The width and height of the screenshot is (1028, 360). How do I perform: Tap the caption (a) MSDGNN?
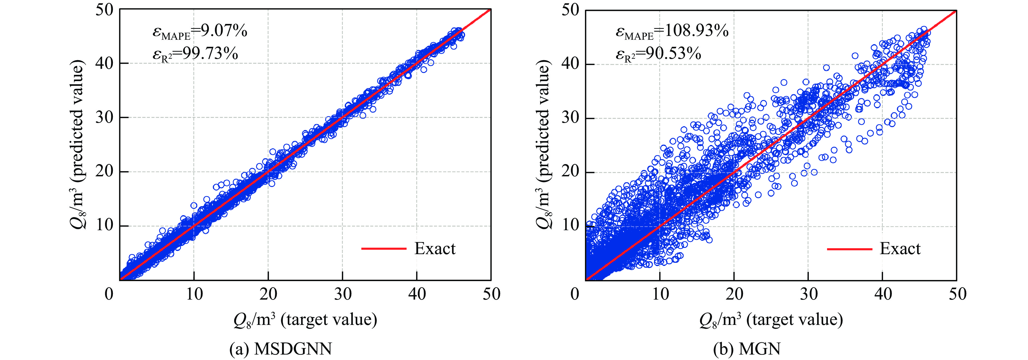281,349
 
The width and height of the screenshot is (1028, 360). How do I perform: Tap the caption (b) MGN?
747,349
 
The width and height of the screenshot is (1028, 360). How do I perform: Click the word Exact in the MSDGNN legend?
435,249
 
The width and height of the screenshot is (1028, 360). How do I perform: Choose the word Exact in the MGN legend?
900,249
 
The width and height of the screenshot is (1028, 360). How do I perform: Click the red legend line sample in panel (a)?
383,249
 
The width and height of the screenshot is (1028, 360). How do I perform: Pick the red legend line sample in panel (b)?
849,249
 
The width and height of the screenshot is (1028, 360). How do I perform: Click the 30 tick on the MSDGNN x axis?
343,294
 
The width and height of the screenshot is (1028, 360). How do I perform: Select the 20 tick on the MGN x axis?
734,294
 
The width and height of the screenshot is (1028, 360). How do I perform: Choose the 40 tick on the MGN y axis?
571,64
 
